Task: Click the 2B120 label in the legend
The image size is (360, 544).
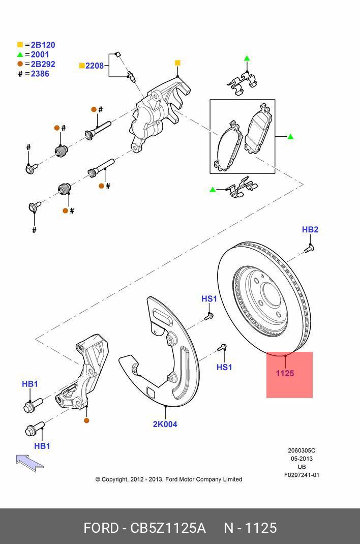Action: point(43,45)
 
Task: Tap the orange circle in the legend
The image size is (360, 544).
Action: point(20,64)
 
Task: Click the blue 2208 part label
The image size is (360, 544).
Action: point(94,66)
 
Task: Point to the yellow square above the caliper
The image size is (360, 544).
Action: point(177,63)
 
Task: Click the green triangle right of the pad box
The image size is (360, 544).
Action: point(290,137)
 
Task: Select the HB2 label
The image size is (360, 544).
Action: point(310,230)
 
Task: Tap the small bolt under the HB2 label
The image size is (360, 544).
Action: point(309,248)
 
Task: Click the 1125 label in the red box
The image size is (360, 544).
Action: point(285,373)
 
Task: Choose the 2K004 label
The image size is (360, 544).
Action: point(165,424)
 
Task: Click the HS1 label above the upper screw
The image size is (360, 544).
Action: point(208,299)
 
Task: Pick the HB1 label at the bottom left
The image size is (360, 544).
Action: point(42,446)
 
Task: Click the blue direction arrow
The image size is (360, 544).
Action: point(29,462)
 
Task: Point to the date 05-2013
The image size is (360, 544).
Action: point(302,459)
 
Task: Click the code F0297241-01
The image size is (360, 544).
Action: point(302,475)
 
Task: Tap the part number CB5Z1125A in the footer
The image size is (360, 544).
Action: point(168,528)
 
